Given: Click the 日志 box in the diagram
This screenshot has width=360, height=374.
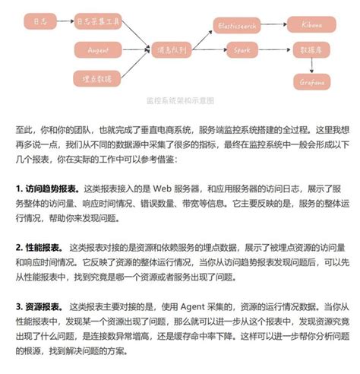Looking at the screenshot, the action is point(39,22).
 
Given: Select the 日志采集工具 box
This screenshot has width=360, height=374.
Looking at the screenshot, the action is point(97,22).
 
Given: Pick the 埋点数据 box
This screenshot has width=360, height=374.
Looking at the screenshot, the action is point(97,78).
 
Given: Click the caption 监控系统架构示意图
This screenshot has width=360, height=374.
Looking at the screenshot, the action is point(179,100).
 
